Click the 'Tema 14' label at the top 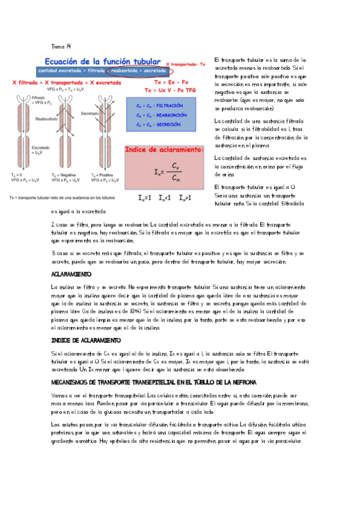click(x=61, y=46)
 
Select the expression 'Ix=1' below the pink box click(x=144, y=197)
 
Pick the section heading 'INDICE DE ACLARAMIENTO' click(x=86, y=340)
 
